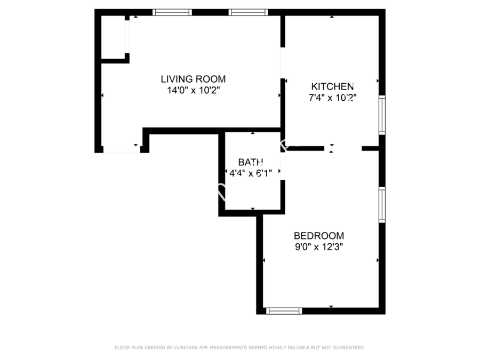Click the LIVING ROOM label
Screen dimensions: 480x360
(193, 79)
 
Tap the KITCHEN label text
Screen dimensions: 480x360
(332, 86)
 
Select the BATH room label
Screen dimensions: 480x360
(251, 162)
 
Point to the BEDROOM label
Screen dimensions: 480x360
(319, 236)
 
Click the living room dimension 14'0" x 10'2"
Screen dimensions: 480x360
(193, 90)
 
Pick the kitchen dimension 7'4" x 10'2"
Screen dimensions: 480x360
(332, 98)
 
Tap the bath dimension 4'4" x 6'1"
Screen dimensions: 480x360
(251, 173)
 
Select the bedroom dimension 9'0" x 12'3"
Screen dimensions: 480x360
(319, 247)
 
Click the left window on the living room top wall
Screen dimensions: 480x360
(172, 12)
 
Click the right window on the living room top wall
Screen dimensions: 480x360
(248, 12)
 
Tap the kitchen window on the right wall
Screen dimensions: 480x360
(382, 115)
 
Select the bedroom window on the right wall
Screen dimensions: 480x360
(382, 205)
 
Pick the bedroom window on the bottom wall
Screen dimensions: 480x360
(284, 311)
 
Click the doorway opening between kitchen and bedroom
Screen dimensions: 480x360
(343, 148)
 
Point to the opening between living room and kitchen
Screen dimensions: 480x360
(283, 63)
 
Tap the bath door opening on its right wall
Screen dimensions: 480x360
(283, 166)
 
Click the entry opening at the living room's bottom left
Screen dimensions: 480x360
(122, 150)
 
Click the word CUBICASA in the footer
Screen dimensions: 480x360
(186, 347)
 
